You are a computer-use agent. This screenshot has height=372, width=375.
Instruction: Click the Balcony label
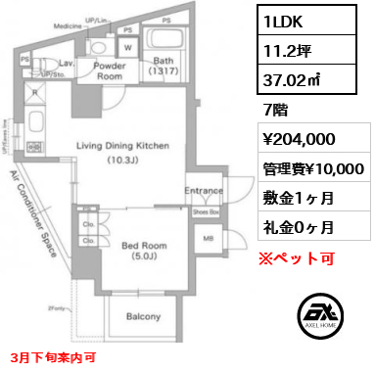[144, 315]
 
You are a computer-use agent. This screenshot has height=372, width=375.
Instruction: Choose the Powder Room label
[107, 70]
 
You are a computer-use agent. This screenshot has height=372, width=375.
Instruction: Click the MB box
[206, 238]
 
